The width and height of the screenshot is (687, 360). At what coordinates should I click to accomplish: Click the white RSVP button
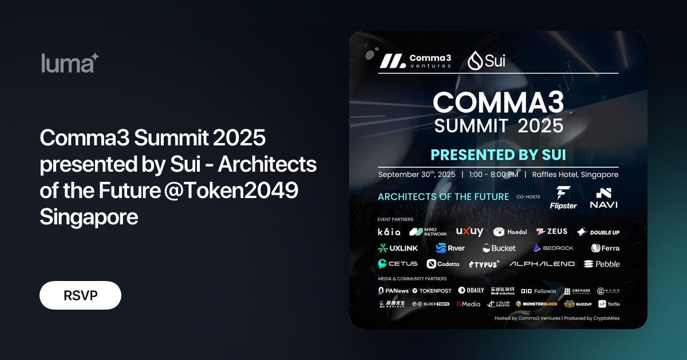coord(80,295)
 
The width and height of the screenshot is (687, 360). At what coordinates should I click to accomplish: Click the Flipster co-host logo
coord(564,197)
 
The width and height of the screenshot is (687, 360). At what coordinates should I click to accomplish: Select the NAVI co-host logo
coord(603,197)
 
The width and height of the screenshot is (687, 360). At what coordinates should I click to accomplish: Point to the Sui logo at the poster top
coord(486,60)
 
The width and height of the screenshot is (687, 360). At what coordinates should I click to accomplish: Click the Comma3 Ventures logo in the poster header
coord(414,61)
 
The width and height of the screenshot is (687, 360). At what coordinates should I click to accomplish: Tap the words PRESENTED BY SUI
coord(498,155)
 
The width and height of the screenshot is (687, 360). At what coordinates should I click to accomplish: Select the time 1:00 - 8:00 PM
coord(493,174)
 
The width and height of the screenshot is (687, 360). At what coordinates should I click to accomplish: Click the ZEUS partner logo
coord(551,232)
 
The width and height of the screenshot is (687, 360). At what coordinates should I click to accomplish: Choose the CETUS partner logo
coord(397,264)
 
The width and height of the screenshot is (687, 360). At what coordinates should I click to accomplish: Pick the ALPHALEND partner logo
coord(542,264)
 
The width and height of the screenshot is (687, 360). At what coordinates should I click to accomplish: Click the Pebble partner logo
coord(601,264)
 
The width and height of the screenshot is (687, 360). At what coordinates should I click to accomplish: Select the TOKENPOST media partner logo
coord(432,291)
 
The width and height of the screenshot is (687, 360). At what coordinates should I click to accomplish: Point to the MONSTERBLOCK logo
coord(536,304)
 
